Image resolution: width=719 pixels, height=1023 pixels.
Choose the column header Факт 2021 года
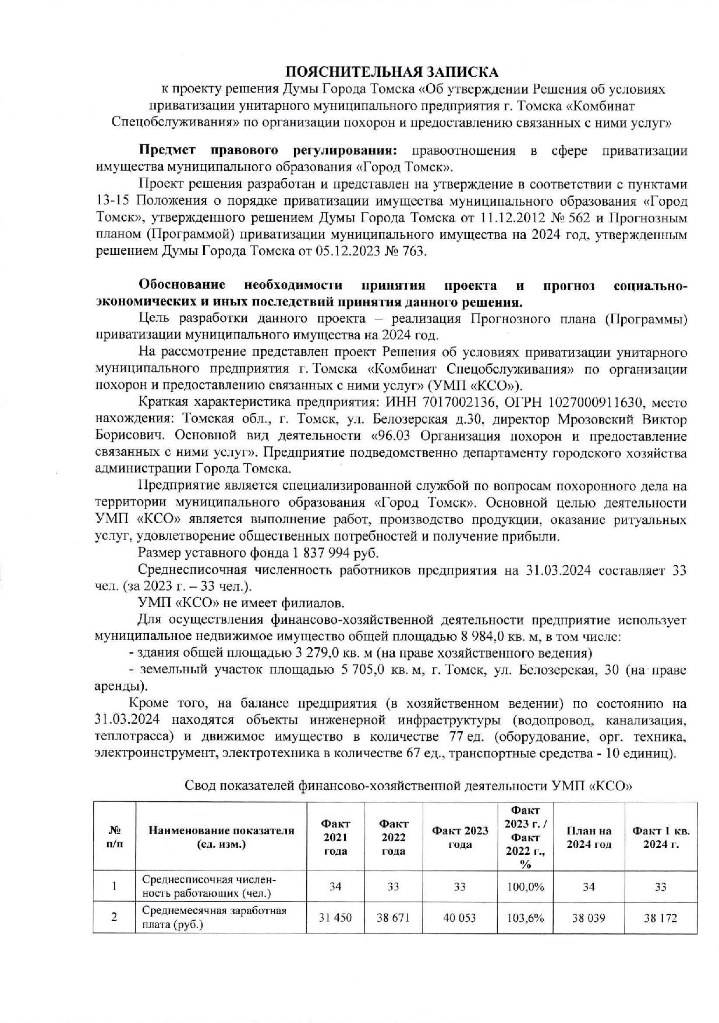[x=335, y=837]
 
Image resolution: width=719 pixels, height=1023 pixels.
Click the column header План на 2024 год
[x=589, y=837]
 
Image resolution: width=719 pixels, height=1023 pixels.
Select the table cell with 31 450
[x=335, y=918]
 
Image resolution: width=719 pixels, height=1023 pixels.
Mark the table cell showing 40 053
[x=459, y=918]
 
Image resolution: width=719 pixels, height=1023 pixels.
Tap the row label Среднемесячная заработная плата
[x=214, y=918]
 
